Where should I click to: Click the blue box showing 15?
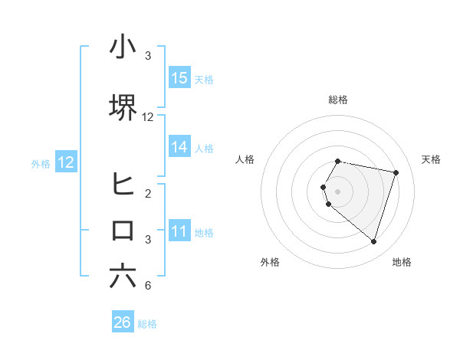[179, 78]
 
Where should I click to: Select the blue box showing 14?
[179, 148]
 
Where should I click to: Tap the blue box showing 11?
[179, 232]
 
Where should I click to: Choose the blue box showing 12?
[66, 162]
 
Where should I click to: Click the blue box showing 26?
[123, 323]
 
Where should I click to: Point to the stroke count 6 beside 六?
[148, 286]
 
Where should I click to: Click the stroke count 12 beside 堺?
[148, 117]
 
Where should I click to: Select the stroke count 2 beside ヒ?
[148, 194]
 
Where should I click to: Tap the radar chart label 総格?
[338, 100]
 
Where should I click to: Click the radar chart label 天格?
[431, 159]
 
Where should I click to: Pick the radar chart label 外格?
[270, 262]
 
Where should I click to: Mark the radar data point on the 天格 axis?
[396, 172]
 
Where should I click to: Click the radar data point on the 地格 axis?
[373, 241]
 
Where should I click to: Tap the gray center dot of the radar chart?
[338, 191]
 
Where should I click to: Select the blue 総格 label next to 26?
[147, 324]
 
